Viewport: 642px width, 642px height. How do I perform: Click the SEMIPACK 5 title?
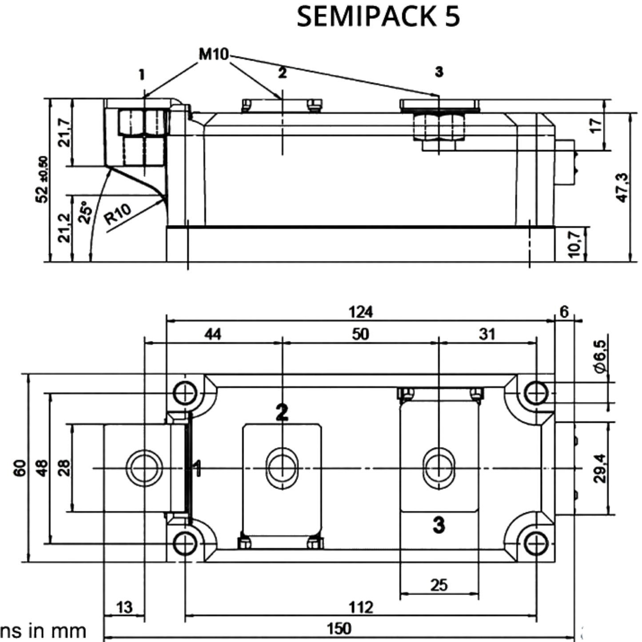coord(378,16)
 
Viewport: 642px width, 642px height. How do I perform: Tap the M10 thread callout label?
coord(214,54)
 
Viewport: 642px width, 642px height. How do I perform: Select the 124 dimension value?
coord(361,312)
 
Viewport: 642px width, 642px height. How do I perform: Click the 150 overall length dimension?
coord(339,628)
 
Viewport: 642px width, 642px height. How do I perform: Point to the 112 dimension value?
coord(361,607)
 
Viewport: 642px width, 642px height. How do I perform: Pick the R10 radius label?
coord(117,214)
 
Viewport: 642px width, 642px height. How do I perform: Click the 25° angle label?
coord(85,212)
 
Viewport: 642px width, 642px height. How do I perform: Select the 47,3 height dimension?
coord(622,187)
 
